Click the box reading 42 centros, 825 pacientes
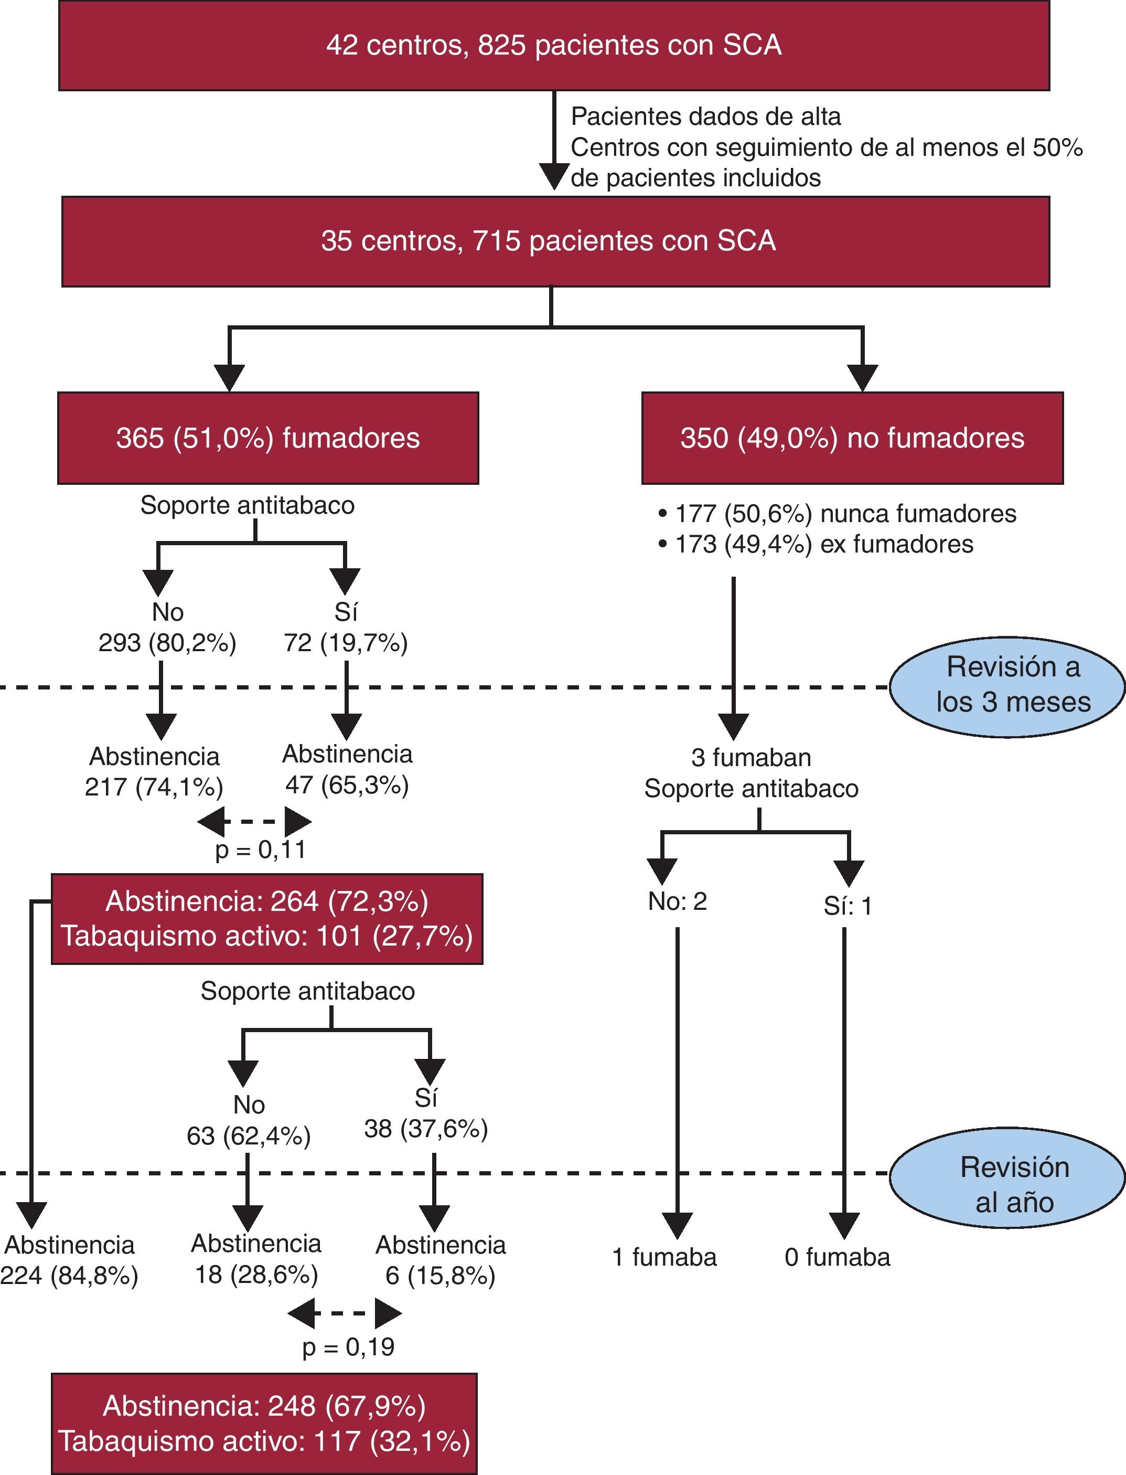[554, 46]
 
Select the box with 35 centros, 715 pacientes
[555, 241]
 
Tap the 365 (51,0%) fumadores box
[268, 438]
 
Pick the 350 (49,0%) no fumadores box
[852, 438]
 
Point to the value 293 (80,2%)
[167, 643]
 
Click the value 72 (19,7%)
[345, 643]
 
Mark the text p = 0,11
[260, 850]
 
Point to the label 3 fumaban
[750, 758]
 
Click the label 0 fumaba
[837, 1257]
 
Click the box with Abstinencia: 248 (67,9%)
[264, 1424]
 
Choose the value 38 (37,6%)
[426, 1129]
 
